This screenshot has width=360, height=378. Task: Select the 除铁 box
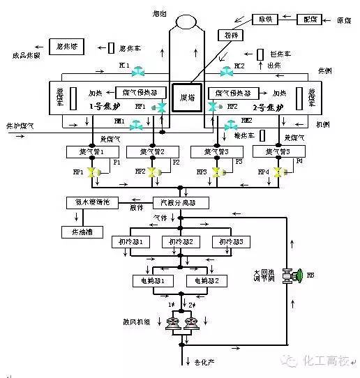click(267, 20)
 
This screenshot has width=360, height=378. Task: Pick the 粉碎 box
click(228, 34)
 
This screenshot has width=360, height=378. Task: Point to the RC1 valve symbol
click(140, 70)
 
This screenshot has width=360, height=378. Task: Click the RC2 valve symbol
click(227, 71)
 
